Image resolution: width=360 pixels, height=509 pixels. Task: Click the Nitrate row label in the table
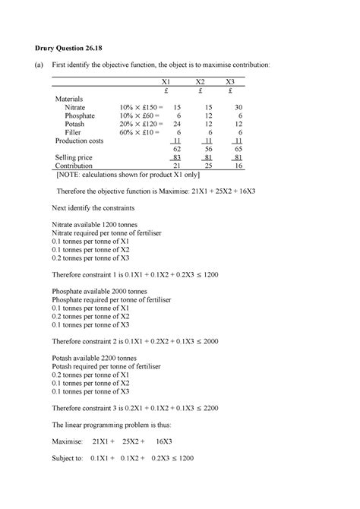tap(75, 109)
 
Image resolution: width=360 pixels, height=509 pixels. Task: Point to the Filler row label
tap(72, 131)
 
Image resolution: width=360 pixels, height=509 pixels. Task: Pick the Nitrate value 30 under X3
tap(238, 109)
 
